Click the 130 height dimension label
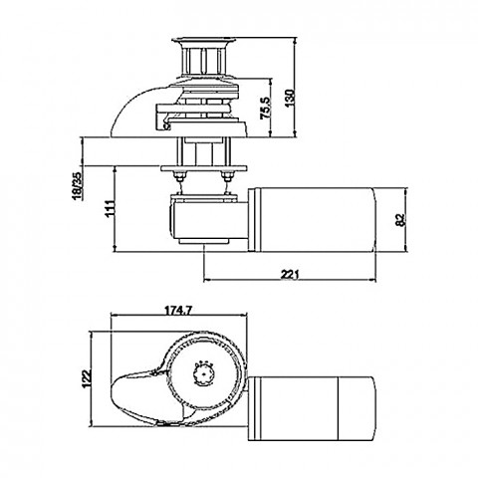tap(290, 99)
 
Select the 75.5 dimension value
tap(266, 108)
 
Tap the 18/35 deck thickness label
tap(78, 186)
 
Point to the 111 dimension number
tap(111, 209)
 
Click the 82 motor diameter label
tap(401, 220)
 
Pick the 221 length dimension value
tap(290, 274)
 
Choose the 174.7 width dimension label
tap(178, 311)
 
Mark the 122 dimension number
tap(87, 378)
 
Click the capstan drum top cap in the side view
tap(203, 41)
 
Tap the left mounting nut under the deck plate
tap(180, 176)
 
